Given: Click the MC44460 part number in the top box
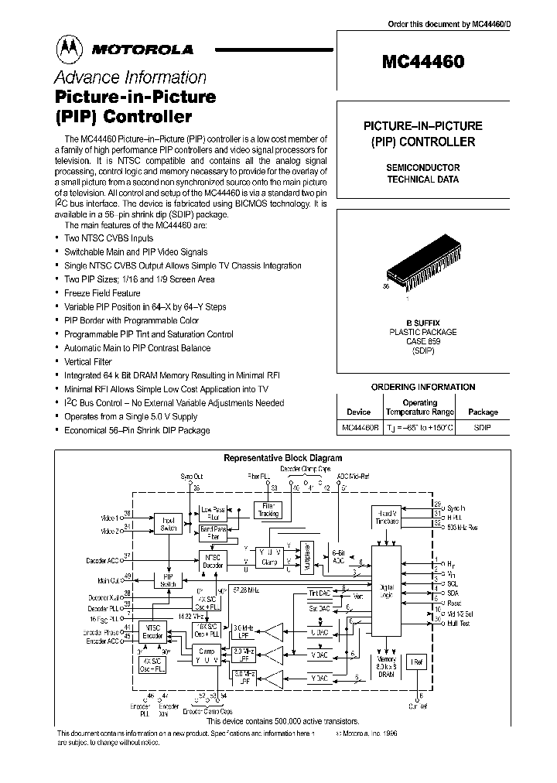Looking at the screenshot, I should [x=423, y=62].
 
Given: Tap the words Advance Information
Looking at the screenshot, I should [x=130, y=77].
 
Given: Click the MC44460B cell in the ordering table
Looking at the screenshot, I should [x=361, y=427].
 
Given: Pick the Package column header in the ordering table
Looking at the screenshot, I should [x=483, y=412].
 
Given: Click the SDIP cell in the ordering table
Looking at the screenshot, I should [x=482, y=427].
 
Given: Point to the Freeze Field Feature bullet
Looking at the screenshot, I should [x=102, y=293].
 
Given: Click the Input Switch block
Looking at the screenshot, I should [x=168, y=523].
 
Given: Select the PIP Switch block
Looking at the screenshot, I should [x=168, y=580].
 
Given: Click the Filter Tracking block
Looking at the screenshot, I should [x=268, y=510].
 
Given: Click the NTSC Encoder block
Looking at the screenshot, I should [x=153, y=632].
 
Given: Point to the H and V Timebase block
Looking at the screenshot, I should [x=387, y=518].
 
